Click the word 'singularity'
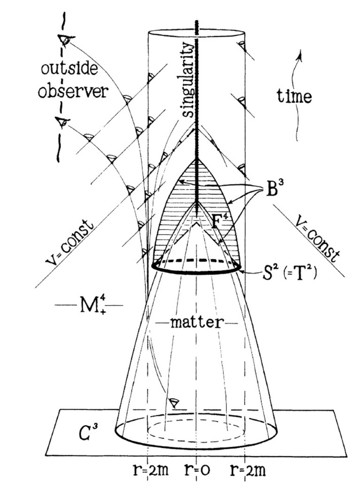(187, 82)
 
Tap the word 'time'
(294, 97)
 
